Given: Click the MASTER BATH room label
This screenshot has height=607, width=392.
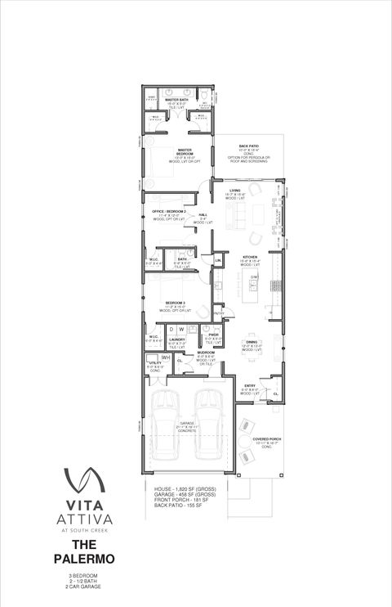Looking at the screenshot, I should [177, 101].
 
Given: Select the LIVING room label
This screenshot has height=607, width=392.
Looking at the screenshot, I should [235, 191].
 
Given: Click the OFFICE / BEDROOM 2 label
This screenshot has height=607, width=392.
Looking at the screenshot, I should [169, 212].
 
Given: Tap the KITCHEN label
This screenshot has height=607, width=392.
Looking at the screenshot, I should [249, 256].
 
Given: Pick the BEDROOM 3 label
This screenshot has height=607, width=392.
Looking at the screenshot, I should [175, 303].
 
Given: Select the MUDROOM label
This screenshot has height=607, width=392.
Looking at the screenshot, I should [205, 353].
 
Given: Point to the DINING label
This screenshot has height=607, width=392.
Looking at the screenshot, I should [252, 342].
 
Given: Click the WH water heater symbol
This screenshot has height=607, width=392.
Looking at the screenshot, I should [165, 357].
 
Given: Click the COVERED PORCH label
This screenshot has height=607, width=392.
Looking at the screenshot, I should [267, 439].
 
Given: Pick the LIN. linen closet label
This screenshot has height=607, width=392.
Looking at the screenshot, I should [219, 260].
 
